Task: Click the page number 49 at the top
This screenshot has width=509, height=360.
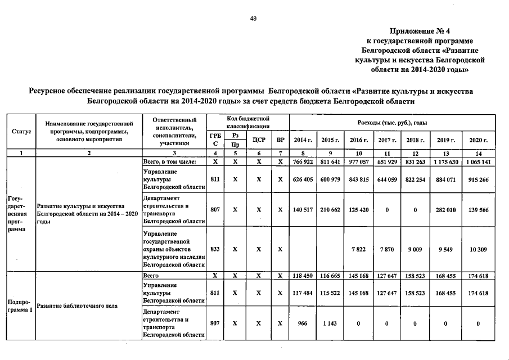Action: pos(253,19)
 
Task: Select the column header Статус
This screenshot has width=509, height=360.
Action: pos(21,131)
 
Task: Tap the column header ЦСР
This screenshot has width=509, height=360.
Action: pos(259,139)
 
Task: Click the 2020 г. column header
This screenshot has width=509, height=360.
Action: pos(478,139)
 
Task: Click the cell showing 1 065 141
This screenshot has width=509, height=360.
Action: pos(478,161)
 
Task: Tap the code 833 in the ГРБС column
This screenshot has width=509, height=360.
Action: pos(215,248)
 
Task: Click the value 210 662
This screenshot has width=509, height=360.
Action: pos(331,209)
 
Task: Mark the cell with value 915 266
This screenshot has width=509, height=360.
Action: pos(478,179)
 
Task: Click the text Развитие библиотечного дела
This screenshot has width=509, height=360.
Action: pos(76,306)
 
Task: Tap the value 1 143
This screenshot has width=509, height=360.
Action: pos(331,323)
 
